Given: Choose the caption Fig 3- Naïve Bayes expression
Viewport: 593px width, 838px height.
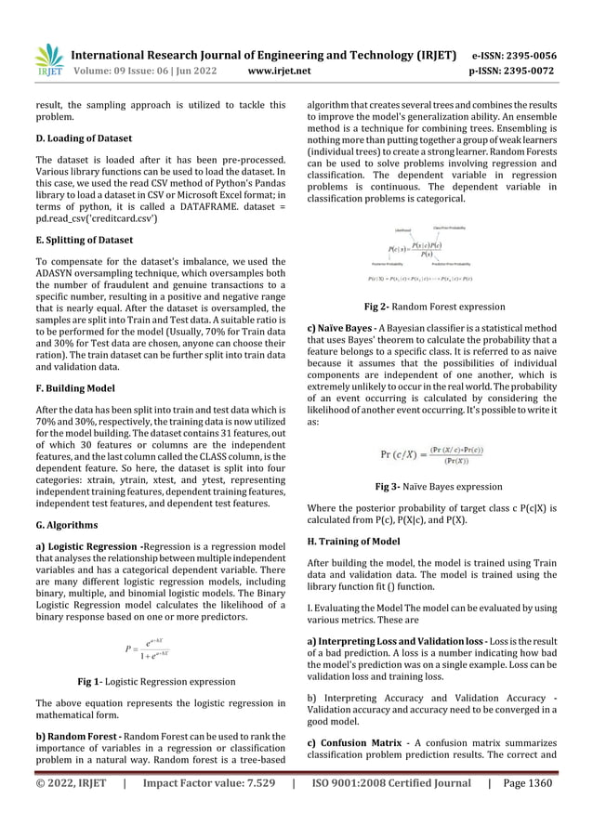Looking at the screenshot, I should click(438, 486).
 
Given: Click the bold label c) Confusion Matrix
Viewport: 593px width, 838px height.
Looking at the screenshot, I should click(356, 749).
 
